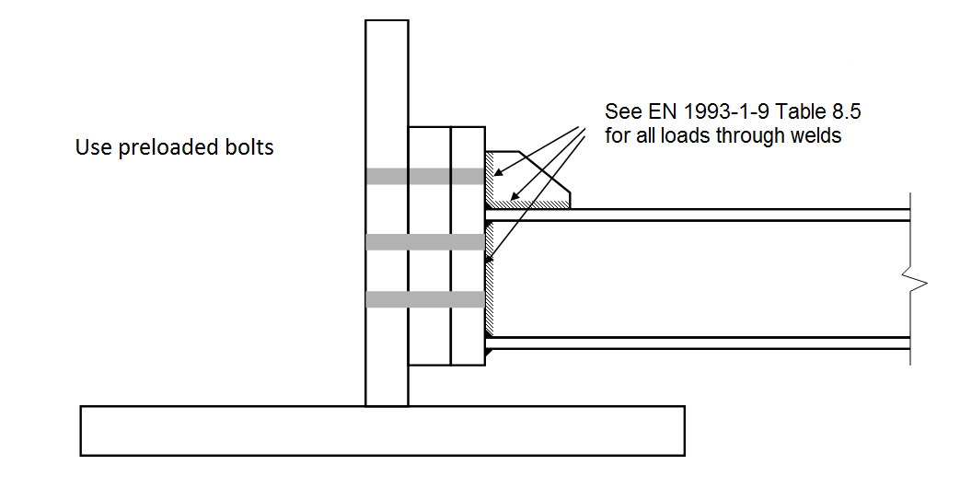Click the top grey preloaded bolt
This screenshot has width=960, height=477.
click(x=424, y=176)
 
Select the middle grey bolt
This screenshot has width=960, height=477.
click(x=424, y=242)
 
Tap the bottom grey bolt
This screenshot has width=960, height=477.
click(x=424, y=299)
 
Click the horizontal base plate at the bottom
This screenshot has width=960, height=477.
click(x=382, y=430)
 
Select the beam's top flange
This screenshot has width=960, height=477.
click(x=700, y=215)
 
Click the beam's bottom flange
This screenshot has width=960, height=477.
click(x=700, y=343)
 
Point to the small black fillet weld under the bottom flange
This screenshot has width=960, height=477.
click(x=490, y=351)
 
